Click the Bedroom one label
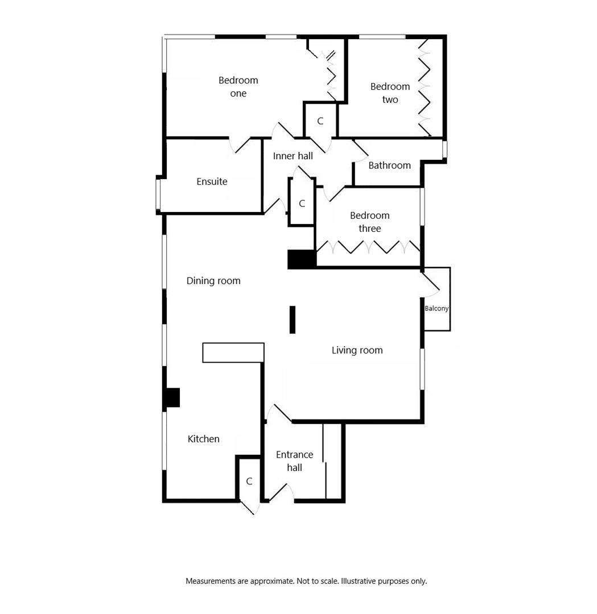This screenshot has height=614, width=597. (x=238, y=86)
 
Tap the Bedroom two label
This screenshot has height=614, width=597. (x=390, y=93)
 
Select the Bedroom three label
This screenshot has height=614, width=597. (x=369, y=222)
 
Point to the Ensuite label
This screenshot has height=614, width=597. (x=212, y=181)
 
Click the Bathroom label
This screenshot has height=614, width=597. (x=389, y=165)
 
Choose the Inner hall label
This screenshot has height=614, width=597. (x=293, y=156)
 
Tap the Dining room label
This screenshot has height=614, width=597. (x=213, y=281)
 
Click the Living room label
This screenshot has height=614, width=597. (x=357, y=350)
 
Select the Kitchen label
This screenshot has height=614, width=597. (x=203, y=439)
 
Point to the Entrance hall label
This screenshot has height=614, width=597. (x=294, y=461)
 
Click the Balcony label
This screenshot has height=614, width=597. (x=437, y=309)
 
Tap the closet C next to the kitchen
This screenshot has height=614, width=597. (x=249, y=482)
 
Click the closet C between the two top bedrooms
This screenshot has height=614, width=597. (x=320, y=121)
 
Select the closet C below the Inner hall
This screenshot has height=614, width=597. (x=302, y=204)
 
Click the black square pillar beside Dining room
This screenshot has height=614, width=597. (x=301, y=259)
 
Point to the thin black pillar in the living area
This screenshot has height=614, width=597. (x=293, y=320)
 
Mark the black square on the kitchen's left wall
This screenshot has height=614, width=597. (x=172, y=397)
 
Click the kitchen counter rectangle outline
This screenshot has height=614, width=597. (x=233, y=352)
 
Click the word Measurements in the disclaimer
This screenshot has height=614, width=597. (x=211, y=581)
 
